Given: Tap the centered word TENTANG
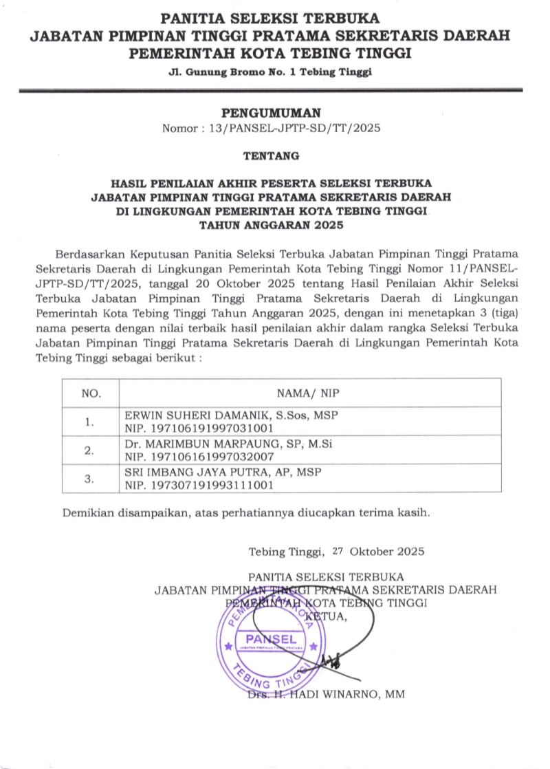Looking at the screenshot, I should click(272, 156).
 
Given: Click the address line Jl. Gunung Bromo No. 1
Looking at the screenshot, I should click(270, 74).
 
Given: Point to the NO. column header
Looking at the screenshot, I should click(91, 393).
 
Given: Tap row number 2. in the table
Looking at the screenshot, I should click(89, 451).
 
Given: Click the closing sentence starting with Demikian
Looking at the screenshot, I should click(247, 512).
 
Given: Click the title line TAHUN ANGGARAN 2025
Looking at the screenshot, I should click(272, 224).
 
